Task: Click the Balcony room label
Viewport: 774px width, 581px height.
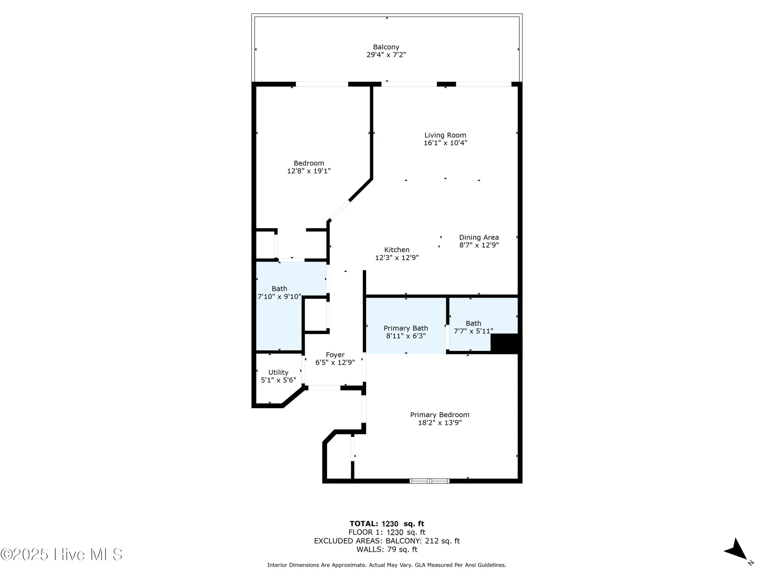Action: click(x=386, y=47)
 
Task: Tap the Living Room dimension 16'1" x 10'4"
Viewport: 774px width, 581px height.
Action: click(x=445, y=143)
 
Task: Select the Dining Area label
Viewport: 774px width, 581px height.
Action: click(x=479, y=237)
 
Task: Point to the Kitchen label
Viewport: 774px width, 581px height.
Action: click(x=397, y=250)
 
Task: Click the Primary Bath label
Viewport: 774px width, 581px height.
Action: click(x=406, y=328)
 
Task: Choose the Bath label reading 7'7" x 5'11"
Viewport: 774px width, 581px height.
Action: click(x=473, y=327)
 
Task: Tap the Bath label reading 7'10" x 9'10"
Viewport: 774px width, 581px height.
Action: click(x=279, y=292)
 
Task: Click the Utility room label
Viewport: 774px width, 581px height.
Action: click(x=278, y=372)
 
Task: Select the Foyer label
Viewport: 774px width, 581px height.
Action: click(x=335, y=355)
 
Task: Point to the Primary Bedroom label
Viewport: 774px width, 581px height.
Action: click(x=440, y=415)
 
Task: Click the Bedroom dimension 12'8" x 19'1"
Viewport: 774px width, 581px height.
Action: click(x=309, y=171)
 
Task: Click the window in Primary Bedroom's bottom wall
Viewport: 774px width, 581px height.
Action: click(x=429, y=481)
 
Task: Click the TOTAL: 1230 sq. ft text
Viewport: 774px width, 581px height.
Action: click(x=387, y=524)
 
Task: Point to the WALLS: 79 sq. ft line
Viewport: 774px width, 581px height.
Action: click(x=387, y=549)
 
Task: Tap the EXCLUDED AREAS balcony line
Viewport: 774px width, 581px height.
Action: click(x=387, y=541)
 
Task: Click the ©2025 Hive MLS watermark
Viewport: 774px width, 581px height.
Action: click(x=62, y=555)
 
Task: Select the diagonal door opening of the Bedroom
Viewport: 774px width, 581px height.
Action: click(x=339, y=210)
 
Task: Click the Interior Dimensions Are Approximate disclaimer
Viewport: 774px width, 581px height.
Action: click(x=387, y=565)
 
